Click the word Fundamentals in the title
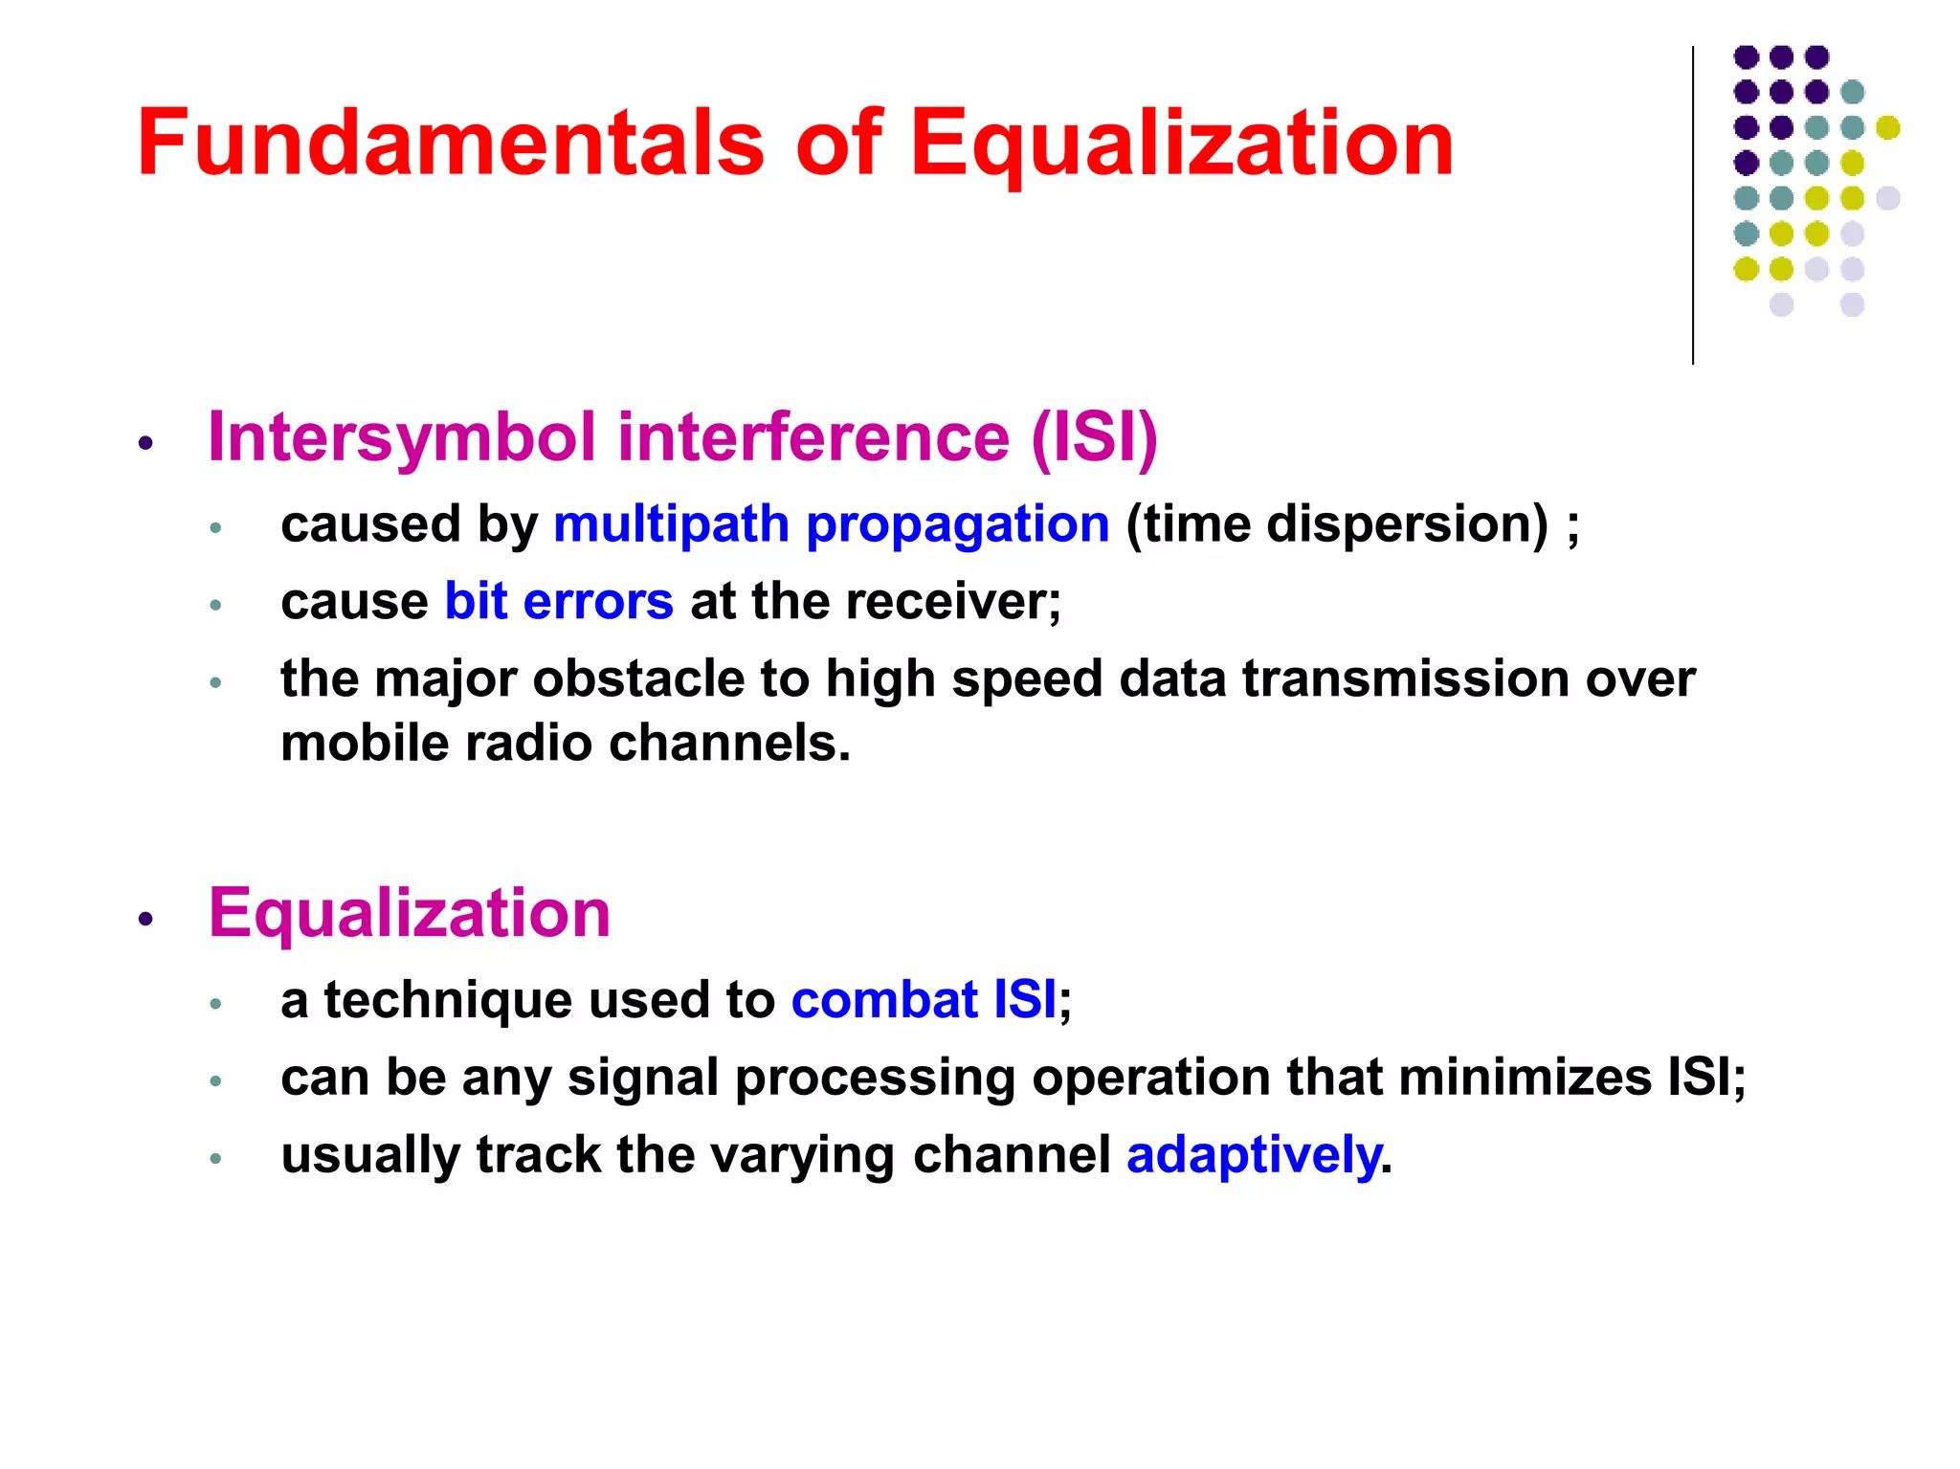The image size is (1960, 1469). click(451, 144)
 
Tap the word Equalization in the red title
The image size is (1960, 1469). click(1181, 144)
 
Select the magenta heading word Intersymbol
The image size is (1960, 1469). click(402, 437)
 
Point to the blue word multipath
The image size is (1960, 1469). click(671, 525)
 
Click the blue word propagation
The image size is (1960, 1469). click(957, 525)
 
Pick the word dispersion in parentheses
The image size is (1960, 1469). click(1407, 525)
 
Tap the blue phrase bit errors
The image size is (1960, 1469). click(559, 602)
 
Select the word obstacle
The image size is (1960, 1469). click(638, 679)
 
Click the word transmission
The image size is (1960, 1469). click(1406, 679)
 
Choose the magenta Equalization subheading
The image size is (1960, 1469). click(410, 913)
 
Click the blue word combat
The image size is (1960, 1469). click(884, 1000)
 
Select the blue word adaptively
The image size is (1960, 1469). click(1254, 1155)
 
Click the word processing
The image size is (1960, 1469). click(875, 1079)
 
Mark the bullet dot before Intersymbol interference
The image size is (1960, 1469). click(145, 442)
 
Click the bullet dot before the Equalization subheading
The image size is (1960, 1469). click(145, 919)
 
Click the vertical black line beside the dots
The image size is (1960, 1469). click(1693, 206)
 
